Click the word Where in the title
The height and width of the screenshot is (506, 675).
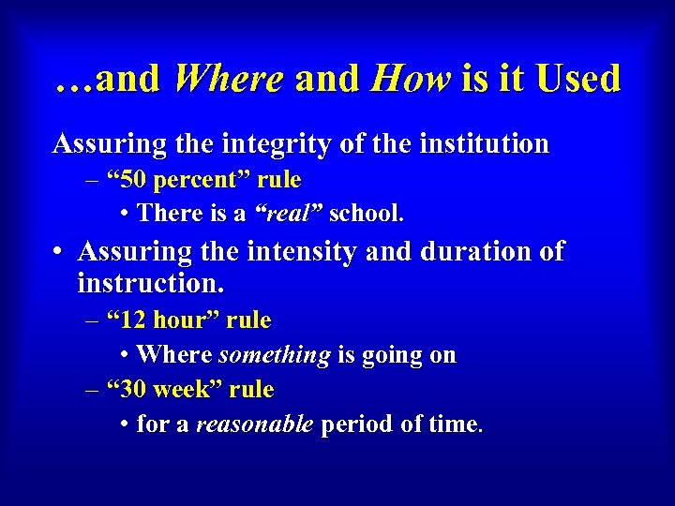pyautogui.click(x=228, y=80)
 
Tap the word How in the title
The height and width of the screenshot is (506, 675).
pyautogui.click(x=410, y=80)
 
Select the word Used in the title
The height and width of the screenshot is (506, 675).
pyautogui.click(x=578, y=80)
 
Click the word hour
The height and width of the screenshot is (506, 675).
pyautogui.click(x=186, y=320)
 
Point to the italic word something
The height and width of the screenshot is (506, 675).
pyautogui.click(x=274, y=355)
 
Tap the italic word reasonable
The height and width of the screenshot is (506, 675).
pyautogui.click(x=254, y=424)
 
